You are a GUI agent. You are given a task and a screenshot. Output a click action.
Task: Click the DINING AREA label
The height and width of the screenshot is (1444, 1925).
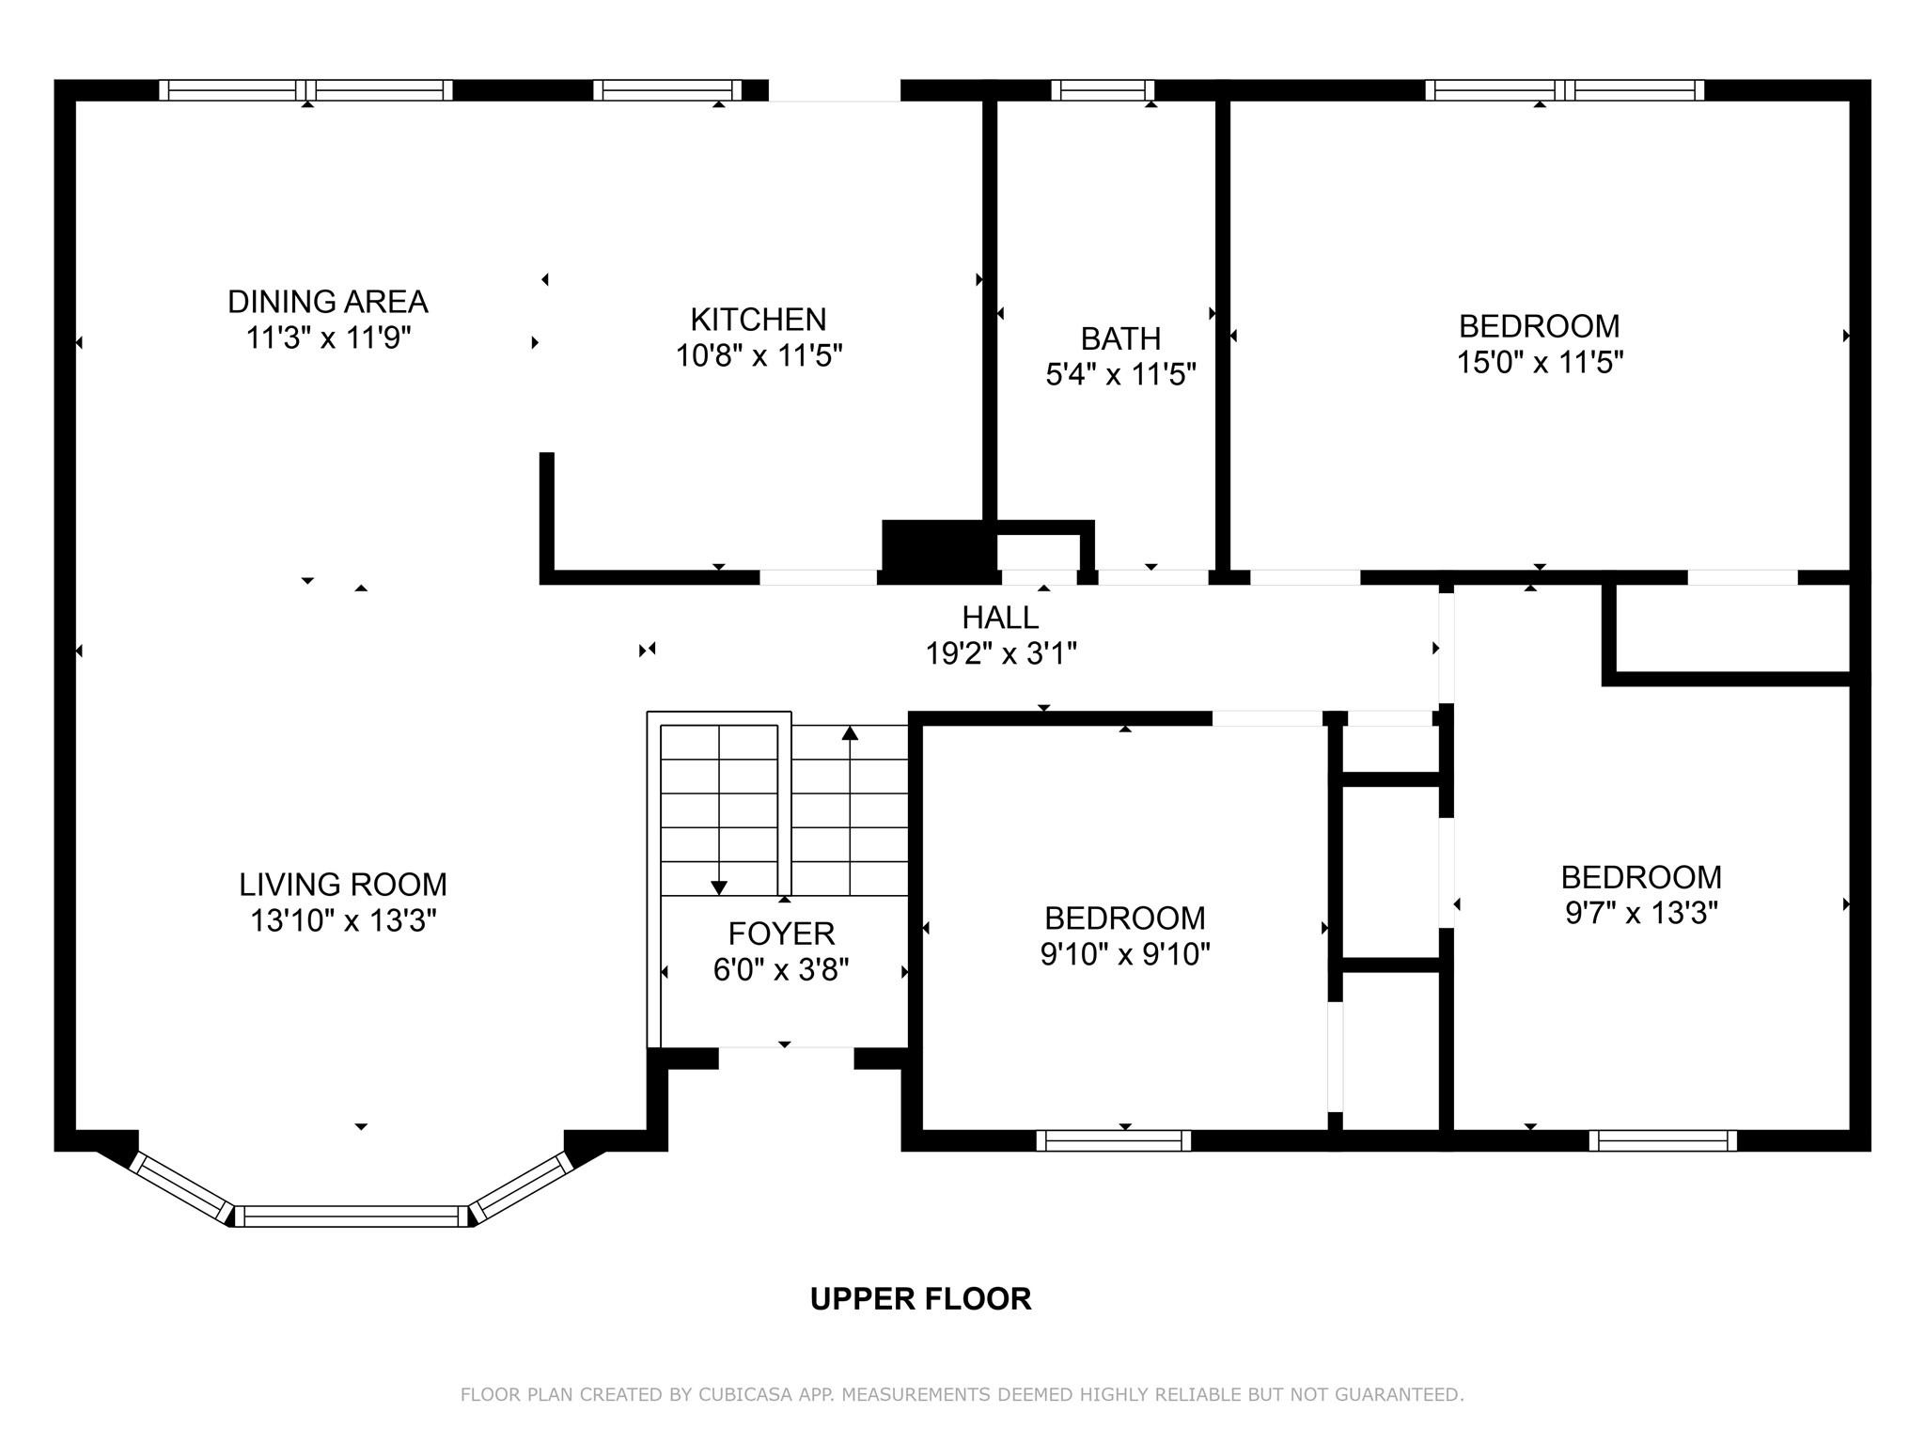click(327, 302)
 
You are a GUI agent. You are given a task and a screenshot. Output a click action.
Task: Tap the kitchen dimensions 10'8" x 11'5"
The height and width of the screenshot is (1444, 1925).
click(759, 356)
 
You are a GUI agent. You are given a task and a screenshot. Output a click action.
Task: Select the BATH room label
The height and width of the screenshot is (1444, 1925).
click(1120, 338)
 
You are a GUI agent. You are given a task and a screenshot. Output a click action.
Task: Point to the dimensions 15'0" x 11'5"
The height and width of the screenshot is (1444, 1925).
click(1540, 362)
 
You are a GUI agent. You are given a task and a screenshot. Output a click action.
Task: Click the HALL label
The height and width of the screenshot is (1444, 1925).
click(1000, 618)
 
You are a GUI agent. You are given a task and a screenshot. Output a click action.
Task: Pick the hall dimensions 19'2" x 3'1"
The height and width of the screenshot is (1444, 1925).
click(1000, 653)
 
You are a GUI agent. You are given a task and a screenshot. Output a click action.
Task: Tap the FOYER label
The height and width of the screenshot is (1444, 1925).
click(781, 934)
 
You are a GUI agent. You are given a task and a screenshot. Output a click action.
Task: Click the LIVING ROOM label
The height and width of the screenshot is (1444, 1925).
click(343, 885)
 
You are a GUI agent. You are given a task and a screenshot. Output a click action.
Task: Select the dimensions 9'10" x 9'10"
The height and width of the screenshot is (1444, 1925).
click(1124, 954)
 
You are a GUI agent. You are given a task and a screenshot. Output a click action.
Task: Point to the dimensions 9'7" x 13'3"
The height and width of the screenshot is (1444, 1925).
click(1641, 913)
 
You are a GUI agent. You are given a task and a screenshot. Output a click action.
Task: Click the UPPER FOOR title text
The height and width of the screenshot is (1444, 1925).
click(920, 1298)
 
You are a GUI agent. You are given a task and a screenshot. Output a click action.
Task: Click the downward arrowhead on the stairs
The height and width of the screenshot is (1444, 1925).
click(719, 887)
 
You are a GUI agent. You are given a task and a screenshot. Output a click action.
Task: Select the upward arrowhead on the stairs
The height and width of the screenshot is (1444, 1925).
click(850, 732)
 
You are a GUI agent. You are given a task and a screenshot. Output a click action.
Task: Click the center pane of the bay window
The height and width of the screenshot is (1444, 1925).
click(351, 1216)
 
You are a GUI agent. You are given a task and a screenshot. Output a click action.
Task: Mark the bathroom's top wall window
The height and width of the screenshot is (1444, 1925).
click(1103, 90)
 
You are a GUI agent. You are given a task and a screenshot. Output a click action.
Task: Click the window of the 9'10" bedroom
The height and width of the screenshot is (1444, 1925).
click(1113, 1140)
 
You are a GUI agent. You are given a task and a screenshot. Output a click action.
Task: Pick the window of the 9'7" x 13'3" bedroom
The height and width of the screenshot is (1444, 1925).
click(1663, 1140)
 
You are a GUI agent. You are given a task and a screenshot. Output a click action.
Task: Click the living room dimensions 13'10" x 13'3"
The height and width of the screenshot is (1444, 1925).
click(343, 920)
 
